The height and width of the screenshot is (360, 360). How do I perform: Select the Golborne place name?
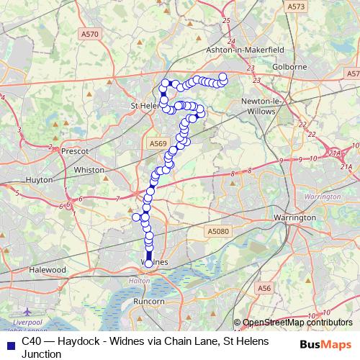(x=289, y=67)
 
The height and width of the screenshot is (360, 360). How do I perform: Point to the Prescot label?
(x=74, y=151)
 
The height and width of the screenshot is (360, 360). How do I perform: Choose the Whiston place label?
(x=89, y=170)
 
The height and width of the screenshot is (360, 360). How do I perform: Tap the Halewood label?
(x=48, y=269)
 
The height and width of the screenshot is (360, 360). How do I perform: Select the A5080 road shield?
(x=217, y=232)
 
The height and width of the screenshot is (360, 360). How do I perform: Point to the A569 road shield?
(x=158, y=144)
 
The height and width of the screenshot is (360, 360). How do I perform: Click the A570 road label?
(x=90, y=34)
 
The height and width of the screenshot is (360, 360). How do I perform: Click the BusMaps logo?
(x=326, y=343)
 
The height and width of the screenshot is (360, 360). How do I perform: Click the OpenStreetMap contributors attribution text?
(x=297, y=323)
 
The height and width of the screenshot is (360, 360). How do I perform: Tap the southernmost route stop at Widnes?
(x=149, y=264)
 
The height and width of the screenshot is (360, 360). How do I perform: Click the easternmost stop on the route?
(x=222, y=76)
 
